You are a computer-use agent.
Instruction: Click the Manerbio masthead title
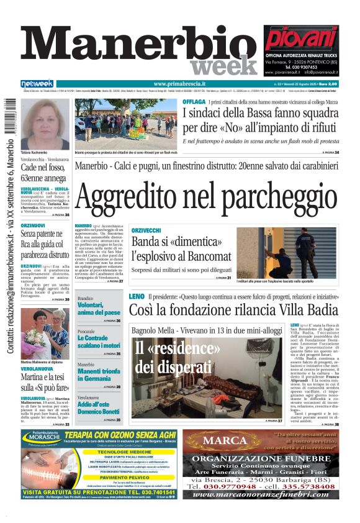[137, 43]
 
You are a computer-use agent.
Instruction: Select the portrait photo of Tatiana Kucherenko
[45, 124]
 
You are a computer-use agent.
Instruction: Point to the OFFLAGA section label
[194, 102]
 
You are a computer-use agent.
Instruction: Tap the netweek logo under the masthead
[37, 83]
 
